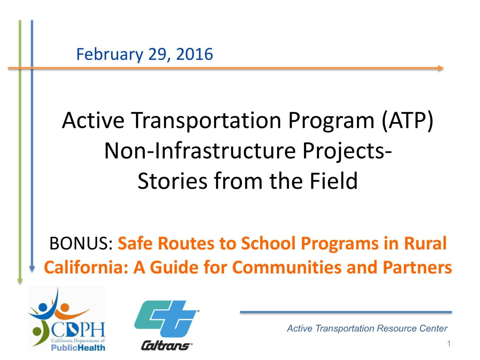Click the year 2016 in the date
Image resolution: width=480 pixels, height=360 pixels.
click(194, 54)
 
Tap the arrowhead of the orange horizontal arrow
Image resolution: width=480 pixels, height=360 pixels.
click(441, 68)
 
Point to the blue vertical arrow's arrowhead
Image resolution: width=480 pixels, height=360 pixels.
click(32, 269)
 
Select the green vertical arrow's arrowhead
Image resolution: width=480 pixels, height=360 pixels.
click(20, 280)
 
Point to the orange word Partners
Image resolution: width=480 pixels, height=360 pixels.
click(417, 267)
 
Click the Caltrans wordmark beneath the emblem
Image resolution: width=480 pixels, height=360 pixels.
click(166, 346)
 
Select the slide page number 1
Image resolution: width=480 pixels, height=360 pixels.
click(449, 344)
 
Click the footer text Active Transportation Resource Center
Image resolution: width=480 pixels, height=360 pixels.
click(367, 328)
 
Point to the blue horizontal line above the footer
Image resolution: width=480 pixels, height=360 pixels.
click(346, 312)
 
